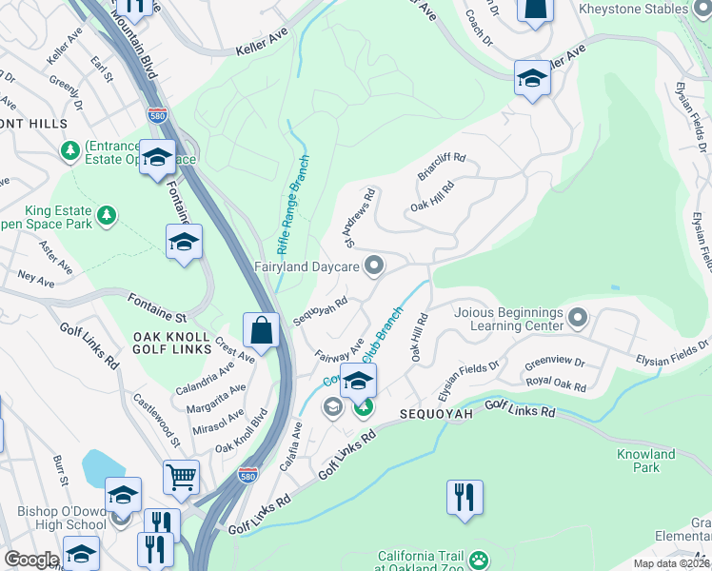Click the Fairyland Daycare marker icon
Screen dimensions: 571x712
point(375,267)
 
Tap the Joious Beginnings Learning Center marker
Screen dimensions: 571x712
point(577,316)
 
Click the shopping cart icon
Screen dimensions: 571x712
point(181,477)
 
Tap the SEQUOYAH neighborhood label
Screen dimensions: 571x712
point(435,415)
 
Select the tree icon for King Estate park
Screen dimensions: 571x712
point(109,215)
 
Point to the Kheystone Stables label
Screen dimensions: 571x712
point(644,9)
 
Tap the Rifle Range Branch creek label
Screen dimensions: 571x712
point(294,210)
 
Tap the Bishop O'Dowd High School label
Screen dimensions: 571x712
point(62,518)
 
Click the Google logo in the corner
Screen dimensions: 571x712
point(30,560)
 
